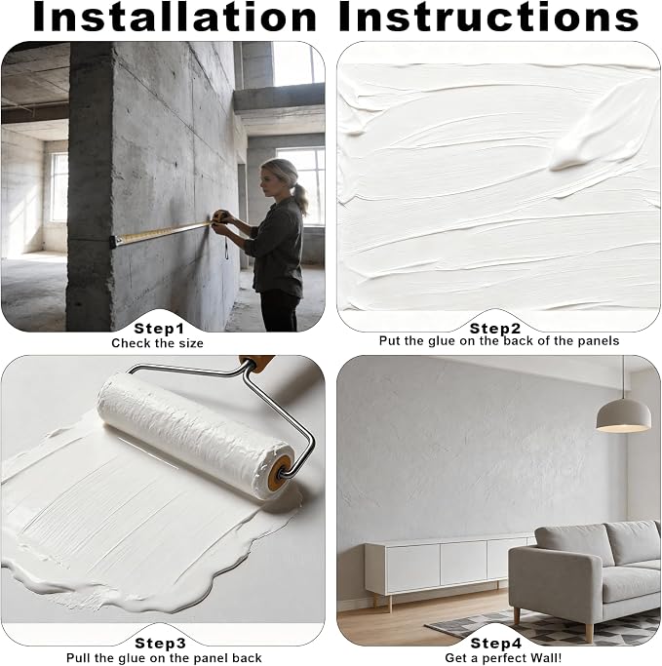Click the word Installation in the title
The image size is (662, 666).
click(175, 17)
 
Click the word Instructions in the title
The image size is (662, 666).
click(488, 17)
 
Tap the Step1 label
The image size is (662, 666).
click(159, 329)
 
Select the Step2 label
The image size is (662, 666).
click(494, 328)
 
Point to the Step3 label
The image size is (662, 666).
click(160, 643)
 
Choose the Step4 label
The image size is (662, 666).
click(495, 643)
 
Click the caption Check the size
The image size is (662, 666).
click(157, 343)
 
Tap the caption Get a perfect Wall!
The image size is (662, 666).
click(503, 658)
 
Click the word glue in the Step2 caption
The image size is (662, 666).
click(442, 341)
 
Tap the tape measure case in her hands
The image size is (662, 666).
click(219, 217)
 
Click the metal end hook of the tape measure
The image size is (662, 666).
click(112, 242)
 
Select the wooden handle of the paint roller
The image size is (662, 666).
click(256, 363)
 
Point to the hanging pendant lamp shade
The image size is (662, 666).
click(623, 415)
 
